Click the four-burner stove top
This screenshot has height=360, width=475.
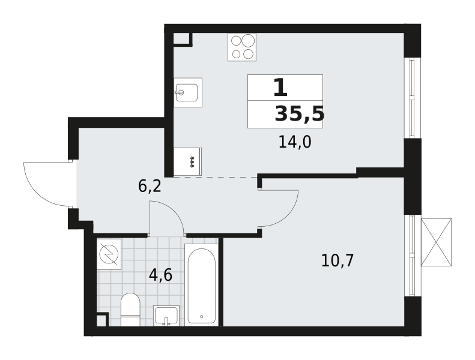(242, 47)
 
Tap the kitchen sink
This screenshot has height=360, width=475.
(188, 92)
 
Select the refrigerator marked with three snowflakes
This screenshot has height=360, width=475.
(187, 161)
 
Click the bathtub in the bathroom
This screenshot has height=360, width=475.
(201, 285)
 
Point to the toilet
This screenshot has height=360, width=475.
(130, 310)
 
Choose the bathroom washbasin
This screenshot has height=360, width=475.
(166, 316)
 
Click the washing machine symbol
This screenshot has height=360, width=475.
(109, 254)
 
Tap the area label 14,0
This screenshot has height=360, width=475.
(295, 142)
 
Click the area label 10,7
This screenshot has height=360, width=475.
(337, 260)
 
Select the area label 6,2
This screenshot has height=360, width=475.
(150, 186)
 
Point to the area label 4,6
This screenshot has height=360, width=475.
(160, 275)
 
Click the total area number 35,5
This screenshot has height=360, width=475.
(299, 115)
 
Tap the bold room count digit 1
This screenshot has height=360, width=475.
(280, 87)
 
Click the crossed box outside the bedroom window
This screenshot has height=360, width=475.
(436, 242)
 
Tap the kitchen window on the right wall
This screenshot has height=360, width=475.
(412, 98)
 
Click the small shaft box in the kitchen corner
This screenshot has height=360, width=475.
(181, 38)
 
